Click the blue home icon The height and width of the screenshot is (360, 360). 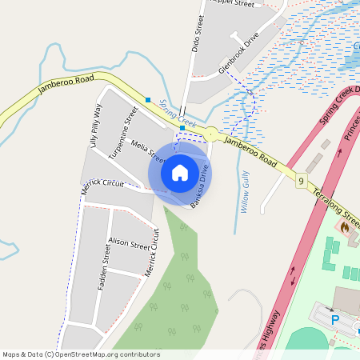click(x=180, y=172)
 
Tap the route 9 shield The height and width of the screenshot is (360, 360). click(x=300, y=182)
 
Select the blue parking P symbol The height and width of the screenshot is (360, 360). click(x=335, y=319)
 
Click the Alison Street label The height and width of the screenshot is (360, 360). click(x=129, y=242)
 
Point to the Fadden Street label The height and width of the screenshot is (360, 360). click(x=103, y=272)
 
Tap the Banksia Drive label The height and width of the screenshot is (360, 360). click(x=200, y=186)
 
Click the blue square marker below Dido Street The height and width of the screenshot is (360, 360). click(x=182, y=128)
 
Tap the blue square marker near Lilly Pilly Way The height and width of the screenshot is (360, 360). click(x=148, y=100)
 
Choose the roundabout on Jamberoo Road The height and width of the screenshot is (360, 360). click(x=211, y=134)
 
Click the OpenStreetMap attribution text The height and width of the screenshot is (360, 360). click(x=81, y=354)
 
